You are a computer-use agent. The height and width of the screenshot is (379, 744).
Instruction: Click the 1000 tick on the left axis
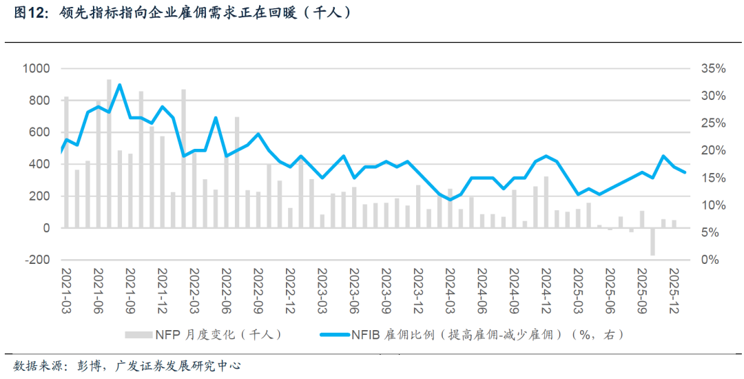[x=36, y=68]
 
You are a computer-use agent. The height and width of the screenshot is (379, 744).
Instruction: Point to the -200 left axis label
[x=36, y=260]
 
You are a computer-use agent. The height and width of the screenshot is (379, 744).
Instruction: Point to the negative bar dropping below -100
[x=652, y=241]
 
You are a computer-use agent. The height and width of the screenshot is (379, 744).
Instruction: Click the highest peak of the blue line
[x=119, y=85]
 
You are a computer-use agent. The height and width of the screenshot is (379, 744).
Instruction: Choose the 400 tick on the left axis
[x=39, y=164]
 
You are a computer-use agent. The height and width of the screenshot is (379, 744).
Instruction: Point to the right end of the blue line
[x=684, y=172]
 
